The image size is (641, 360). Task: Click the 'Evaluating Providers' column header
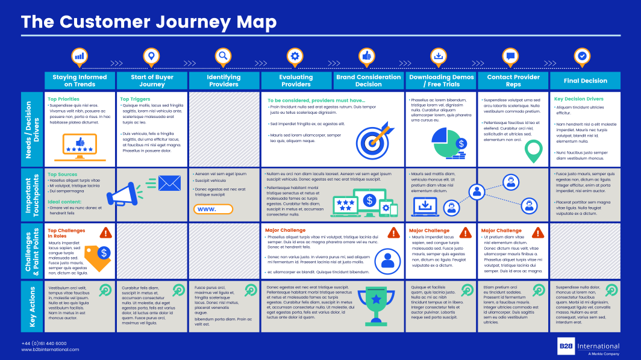pyautogui.click(x=296, y=81)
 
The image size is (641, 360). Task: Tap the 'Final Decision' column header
pyautogui.click(x=585, y=81)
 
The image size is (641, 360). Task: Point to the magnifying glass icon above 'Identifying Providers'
pyautogui.click(x=223, y=57)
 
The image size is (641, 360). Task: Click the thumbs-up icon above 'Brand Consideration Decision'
pyautogui.click(x=366, y=57)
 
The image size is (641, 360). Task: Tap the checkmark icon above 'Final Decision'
pyautogui.click(x=582, y=57)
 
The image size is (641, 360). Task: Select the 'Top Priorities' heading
pyautogui.click(x=63, y=99)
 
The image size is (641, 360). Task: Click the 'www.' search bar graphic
pyautogui.click(x=213, y=209)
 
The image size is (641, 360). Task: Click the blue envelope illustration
pyautogui.click(x=169, y=183)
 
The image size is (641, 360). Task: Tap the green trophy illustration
pyautogui.click(x=376, y=301)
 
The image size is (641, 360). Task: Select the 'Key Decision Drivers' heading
pyautogui.click(x=578, y=99)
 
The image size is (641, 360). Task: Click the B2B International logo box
pyautogui.click(x=566, y=346)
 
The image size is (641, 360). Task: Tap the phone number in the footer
pyautogui.click(x=44, y=343)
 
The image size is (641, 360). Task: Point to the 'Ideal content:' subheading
pyautogui.click(x=64, y=202)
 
